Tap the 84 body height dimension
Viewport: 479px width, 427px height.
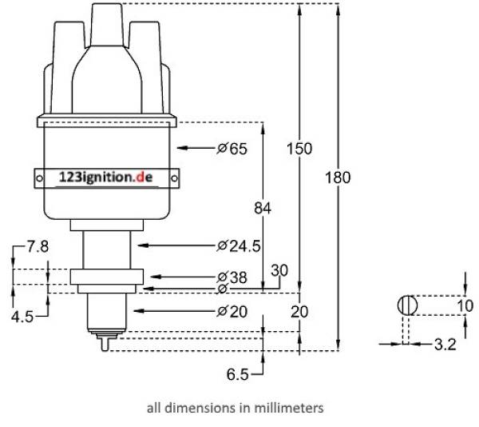[263, 208]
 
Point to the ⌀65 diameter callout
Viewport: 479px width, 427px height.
[232, 148]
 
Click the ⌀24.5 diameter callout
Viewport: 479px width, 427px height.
[239, 245]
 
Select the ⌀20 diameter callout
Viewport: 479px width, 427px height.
[233, 310]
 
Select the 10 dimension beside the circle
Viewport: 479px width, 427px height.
[465, 306]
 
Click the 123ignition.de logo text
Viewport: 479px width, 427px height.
[105, 178]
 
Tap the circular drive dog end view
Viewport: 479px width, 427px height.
[407, 305]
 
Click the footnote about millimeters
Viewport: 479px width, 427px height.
[235, 408]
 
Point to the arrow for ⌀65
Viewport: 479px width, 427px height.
[195, 148]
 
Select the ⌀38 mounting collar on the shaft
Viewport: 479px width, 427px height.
[105, 278]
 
